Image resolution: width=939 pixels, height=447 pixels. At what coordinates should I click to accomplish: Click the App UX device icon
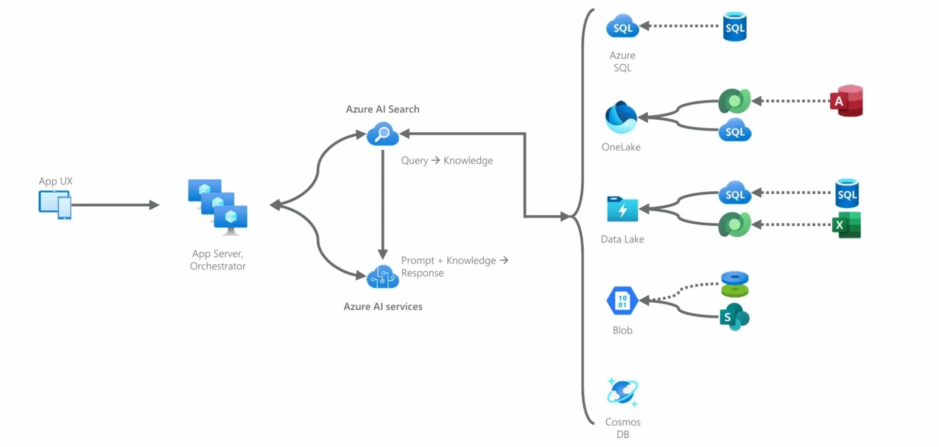click(x=55, y=205)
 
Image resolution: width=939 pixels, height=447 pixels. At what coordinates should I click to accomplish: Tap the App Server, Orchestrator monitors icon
click(x=218, y=207)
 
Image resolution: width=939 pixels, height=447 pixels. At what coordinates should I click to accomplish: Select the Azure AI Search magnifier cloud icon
click(x=383, y=134)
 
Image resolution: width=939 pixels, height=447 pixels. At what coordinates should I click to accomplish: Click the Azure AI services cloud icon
click(x=383, y=277)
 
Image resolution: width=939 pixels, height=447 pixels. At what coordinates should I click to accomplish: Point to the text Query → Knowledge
click(x=447, y=161)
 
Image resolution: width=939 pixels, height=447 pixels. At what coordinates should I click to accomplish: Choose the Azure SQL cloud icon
click(x=622, y=27)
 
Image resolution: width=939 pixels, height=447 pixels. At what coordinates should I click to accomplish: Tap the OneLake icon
click(x=621, y=118)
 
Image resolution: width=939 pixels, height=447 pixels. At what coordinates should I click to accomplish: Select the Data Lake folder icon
click(x=622, y=209)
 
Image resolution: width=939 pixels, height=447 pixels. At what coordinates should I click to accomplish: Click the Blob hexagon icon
click(x=622, y=300)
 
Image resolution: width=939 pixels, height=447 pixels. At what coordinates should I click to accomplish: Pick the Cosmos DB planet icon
click(x=622, y=392)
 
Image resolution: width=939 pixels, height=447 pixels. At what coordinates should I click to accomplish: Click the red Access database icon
click(x=847, y=101)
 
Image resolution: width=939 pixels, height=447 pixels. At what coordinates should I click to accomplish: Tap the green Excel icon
click(x=846, y=225)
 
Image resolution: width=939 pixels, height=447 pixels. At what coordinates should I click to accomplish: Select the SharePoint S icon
click(x=734, y=317)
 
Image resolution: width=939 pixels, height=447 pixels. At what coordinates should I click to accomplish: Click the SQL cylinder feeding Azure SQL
click(x=735, y=27)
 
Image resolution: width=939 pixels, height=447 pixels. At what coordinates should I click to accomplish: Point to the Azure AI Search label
click(x=383, y=109)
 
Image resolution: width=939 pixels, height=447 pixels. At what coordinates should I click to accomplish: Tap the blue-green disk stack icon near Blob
click(x=735, y=284)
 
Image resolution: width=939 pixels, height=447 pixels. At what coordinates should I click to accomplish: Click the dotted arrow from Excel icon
click(x=792, y=225)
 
